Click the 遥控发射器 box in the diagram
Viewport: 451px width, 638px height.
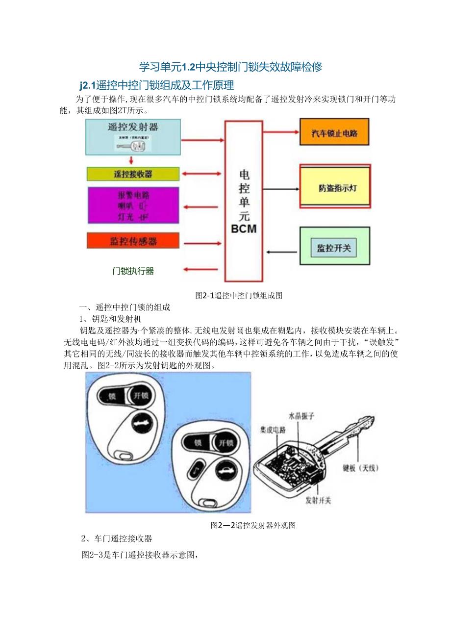pos(133,137)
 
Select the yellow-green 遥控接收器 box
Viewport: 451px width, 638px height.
pos(133,174)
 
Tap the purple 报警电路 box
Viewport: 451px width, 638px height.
pos(133,204)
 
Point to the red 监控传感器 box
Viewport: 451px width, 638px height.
pos(133,241)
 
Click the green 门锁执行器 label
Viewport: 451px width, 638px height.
pos(133,271)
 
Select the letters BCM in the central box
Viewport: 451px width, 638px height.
pos(244,229)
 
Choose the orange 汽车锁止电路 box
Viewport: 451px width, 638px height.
pos(334,132)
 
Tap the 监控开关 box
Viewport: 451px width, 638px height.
pos(334,248)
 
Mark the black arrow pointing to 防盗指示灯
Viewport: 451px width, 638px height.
pos(282,189)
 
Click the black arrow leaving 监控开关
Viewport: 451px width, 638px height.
pos(282,253)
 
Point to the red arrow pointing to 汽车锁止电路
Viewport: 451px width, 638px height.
pos(282,132)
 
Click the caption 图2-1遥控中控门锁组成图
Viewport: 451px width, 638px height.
pos(239,295)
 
